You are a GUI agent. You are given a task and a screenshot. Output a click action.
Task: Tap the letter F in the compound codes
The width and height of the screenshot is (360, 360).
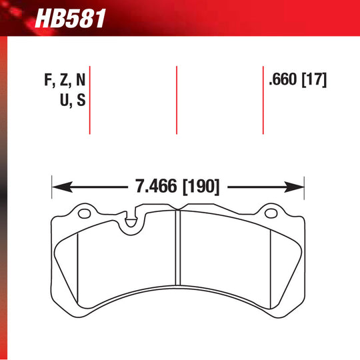pos(49,80)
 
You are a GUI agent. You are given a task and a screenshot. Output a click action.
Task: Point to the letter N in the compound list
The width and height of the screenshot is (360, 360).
pos(80,80)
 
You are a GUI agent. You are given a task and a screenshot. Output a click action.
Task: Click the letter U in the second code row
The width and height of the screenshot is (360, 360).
pos(65,101)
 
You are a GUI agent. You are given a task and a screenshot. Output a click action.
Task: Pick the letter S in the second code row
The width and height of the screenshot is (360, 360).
pos(81,101)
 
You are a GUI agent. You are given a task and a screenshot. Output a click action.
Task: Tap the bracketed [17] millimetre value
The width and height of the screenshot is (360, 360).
pos(313,80)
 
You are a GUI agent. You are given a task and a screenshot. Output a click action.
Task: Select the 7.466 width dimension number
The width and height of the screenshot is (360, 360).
pos(157,187)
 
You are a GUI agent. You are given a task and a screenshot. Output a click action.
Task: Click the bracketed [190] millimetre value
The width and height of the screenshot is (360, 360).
pos(200,187)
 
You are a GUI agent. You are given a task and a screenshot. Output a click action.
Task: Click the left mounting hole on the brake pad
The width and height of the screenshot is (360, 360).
pos(84,215)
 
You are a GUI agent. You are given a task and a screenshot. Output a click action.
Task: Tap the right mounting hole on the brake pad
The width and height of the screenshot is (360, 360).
pos(271,215)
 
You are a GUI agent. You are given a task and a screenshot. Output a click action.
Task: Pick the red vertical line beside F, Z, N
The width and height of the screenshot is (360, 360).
pos(89,100)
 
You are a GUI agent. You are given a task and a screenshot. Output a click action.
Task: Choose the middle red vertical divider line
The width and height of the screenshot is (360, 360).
pos(177,100)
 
